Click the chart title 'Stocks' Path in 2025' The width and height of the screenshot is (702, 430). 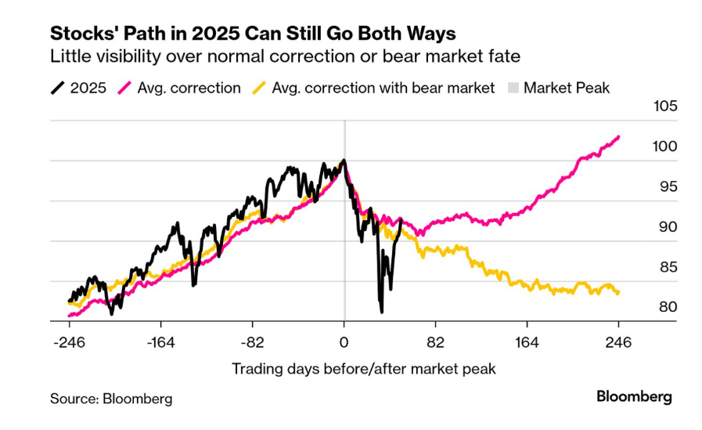[253, 34]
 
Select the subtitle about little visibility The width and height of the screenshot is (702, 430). [285, 57]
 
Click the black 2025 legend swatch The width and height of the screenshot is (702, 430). [59, 88]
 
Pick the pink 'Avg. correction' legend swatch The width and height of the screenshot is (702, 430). [125, 88]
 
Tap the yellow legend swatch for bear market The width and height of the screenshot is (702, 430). [260, 88]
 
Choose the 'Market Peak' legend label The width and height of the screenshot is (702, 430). [567, 88]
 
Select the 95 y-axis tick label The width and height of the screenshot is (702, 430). [660, 187]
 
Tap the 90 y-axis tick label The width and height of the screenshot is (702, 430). [660, 227]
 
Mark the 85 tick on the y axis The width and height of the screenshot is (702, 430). [660, 267]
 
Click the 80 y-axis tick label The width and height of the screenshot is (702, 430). [660, 307]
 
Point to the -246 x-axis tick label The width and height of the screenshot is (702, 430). [69, 342]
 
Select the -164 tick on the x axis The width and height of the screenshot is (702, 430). [160, 342]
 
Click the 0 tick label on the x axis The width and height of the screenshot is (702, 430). [344, 342]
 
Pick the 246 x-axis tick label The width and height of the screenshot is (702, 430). [618, 342]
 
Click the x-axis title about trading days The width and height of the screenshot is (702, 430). [363, 368]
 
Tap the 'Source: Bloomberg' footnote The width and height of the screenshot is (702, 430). [111, 399]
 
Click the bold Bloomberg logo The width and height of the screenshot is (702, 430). [634, 397]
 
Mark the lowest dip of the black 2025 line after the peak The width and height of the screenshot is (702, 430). [381, 312]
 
